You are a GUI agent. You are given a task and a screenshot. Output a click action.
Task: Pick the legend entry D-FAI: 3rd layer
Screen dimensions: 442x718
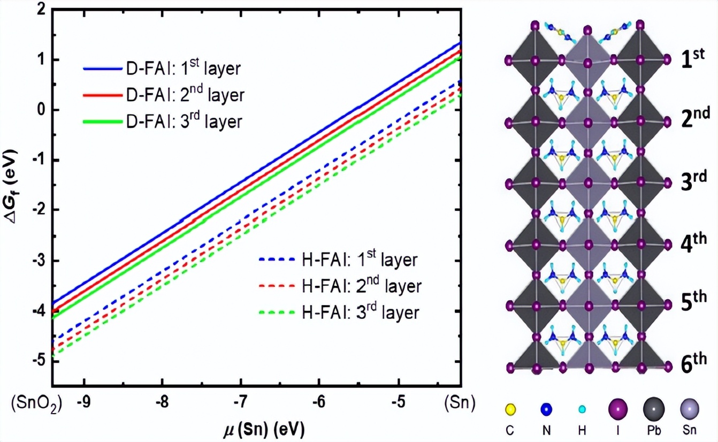click(163, 122)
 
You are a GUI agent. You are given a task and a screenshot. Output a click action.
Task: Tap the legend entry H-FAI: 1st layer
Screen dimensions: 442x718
click(338, 260)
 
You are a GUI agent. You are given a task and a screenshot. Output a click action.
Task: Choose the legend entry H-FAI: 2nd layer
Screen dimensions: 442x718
click(340, 286)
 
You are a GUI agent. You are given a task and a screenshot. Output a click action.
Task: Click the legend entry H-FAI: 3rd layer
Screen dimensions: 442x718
click(339, 312)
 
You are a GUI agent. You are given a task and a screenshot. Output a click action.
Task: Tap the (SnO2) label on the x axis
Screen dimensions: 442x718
click(36, 403)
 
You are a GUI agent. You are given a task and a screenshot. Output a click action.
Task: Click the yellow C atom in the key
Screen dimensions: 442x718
click(510, 410)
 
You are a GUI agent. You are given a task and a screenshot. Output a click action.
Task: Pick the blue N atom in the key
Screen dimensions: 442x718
click(546, 410)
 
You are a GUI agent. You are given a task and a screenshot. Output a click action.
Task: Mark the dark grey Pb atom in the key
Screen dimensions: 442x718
click(654, 409)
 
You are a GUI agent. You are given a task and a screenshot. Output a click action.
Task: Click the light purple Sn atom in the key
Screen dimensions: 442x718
click(689, 409)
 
